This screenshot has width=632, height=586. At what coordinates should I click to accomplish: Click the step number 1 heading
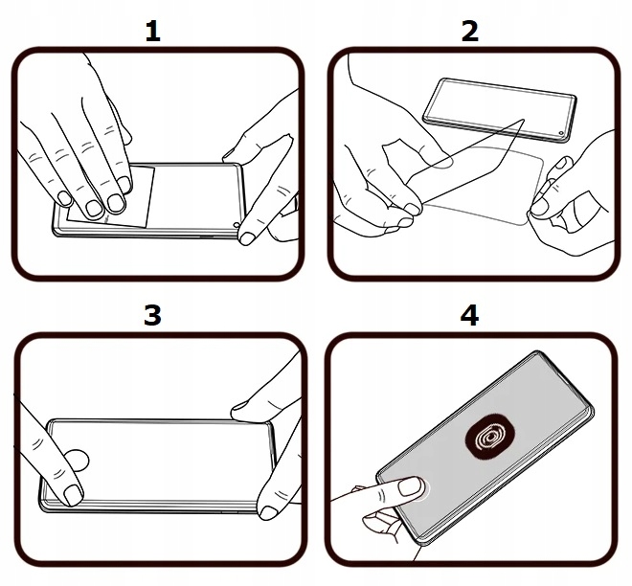[x=152, y=31]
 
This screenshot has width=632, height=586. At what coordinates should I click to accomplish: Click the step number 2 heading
[x=469, y=31]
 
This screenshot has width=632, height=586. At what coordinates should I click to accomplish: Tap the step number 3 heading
[x=152, y=315]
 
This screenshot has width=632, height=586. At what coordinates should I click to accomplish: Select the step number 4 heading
[x=469, y=315]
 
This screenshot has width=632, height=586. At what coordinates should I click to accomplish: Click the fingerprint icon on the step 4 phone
[x=490, y=439]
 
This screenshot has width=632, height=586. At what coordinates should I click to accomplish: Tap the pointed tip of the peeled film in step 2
[x=523, y=121]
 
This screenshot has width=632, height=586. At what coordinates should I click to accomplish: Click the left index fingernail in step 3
[x=72, y=495]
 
